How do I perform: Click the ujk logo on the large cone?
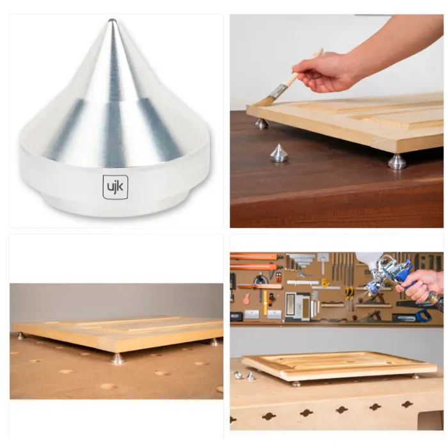pos(115,187)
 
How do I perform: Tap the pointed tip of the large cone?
pos(111,20)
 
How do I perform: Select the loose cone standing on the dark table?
pos(278,153)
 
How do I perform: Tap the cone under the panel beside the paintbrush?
pos(261,124)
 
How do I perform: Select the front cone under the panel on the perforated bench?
pos(118,358)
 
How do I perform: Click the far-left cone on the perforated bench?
pos(21,335)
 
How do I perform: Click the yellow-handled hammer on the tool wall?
pos(265,301)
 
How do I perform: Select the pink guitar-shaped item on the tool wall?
pos(246,298)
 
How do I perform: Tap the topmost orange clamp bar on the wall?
pos(253,256)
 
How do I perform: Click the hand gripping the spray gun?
pos(423,285)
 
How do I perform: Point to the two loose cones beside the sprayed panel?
pos(245,376)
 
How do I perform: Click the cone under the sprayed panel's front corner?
pos(296,383)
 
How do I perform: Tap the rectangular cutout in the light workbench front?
pos(430,420)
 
